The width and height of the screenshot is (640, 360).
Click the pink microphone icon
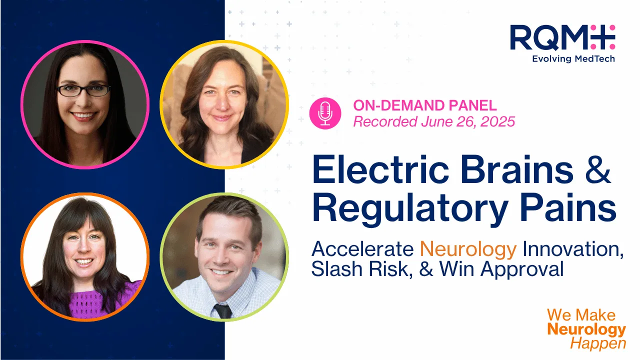[x=325, y=113]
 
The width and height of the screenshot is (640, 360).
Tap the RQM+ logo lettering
[x=562, y=37]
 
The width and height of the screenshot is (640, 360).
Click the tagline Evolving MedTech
[x=573, y=59]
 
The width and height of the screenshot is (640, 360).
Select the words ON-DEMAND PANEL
[x=425, y=105]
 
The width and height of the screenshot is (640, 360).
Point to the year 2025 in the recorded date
[x=497, y=121]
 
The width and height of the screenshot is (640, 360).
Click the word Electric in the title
[x=380, y=169]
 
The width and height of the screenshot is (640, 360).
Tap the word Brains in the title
[x=517, y=169]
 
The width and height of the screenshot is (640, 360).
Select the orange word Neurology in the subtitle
[x=468, y=249]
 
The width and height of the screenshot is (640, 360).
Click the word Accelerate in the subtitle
[x=362, y=249]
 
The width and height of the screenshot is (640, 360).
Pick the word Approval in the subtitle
[x=522, y=269]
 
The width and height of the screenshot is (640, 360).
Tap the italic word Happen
[x=598, y=343]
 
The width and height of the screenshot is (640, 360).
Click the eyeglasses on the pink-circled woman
[x=83, y=90]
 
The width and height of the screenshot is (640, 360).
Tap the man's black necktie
[x=223, y=311]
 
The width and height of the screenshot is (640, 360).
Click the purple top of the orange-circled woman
[x=97, y=301]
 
